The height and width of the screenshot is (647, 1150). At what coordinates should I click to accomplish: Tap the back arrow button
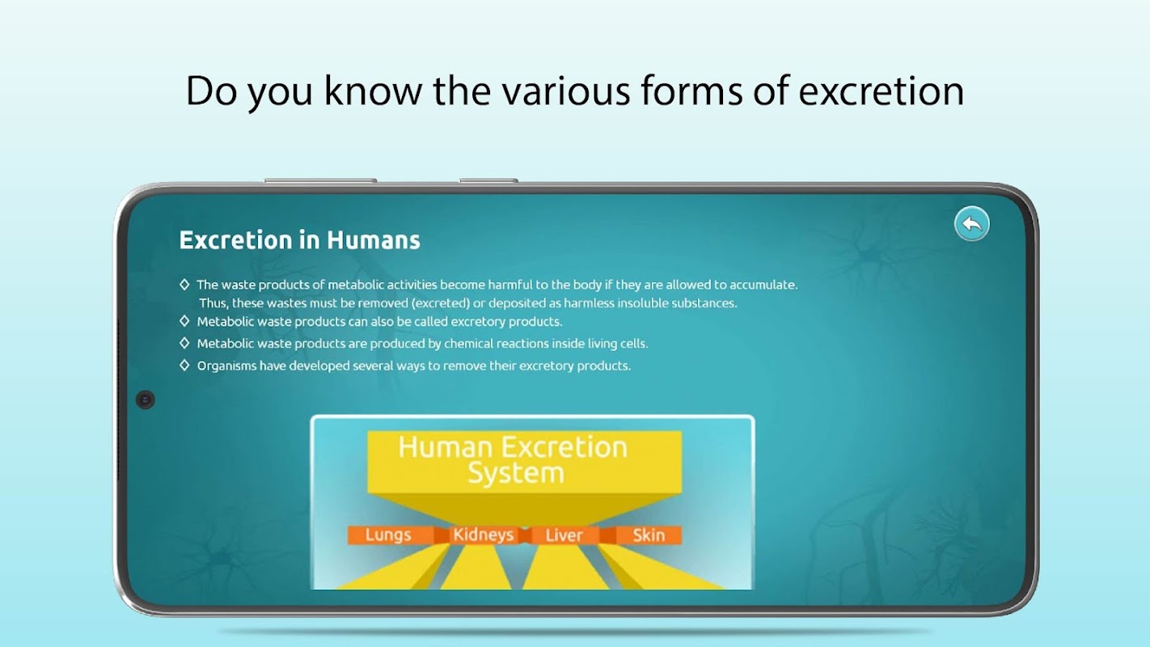click(x=971, y=224)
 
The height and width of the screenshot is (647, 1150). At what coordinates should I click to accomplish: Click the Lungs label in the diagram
click(x=388, y=535)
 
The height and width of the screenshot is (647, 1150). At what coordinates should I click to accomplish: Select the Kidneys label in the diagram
click(x=483, y=535)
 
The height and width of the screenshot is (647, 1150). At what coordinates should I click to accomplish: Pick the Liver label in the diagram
click(x=564, y=535)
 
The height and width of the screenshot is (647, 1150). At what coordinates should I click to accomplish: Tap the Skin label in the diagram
click(x=649, y=535)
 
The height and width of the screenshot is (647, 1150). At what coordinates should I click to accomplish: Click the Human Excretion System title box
click(x=525, y=462)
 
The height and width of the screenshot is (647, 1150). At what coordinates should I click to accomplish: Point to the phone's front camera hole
click(x=146, y=400)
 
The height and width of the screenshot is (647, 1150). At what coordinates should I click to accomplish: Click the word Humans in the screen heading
click(x=374, y=240)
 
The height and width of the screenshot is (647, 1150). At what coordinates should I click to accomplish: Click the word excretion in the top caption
click(x=881, y=91)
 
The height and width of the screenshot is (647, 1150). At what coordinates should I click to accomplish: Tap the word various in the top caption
click(x=566, y=91)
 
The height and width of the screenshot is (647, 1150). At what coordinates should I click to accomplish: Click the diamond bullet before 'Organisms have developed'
click(x=185, y=365)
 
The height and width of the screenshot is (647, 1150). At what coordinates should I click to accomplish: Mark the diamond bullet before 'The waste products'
click(x=185, y=284)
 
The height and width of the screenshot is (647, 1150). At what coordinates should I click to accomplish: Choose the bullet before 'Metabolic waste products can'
click(x=185, y=321)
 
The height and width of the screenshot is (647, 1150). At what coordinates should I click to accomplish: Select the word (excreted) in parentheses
click(x=441, y=303)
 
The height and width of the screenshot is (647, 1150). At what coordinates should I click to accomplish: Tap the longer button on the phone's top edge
click(x=320, y=180)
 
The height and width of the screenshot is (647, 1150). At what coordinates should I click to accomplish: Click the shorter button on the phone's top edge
click(x=488, y=180)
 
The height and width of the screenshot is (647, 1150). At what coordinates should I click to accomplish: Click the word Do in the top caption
click(x=211, y=91)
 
